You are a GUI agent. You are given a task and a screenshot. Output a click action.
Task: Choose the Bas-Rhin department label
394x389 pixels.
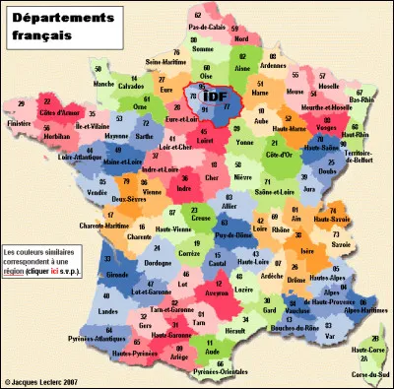(x=361, y=97)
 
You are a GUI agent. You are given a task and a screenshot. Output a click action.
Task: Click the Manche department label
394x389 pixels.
(x=103, y=85)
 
